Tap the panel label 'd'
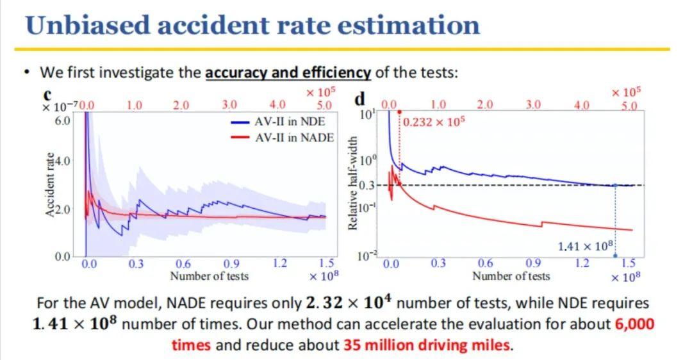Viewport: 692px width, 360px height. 360,99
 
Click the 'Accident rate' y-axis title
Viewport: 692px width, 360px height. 49,186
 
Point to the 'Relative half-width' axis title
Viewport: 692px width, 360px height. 352,183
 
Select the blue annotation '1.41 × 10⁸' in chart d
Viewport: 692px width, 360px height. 586,246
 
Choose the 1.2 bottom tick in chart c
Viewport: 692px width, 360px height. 280,263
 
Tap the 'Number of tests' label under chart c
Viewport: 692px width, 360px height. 209,276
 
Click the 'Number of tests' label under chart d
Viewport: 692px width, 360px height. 511,276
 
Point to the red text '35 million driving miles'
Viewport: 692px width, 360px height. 427,345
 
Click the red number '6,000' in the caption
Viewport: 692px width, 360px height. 634,323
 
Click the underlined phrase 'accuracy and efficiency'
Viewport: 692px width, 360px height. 288,72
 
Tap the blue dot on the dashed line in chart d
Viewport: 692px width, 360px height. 615,185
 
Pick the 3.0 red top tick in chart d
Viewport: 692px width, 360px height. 533,104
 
